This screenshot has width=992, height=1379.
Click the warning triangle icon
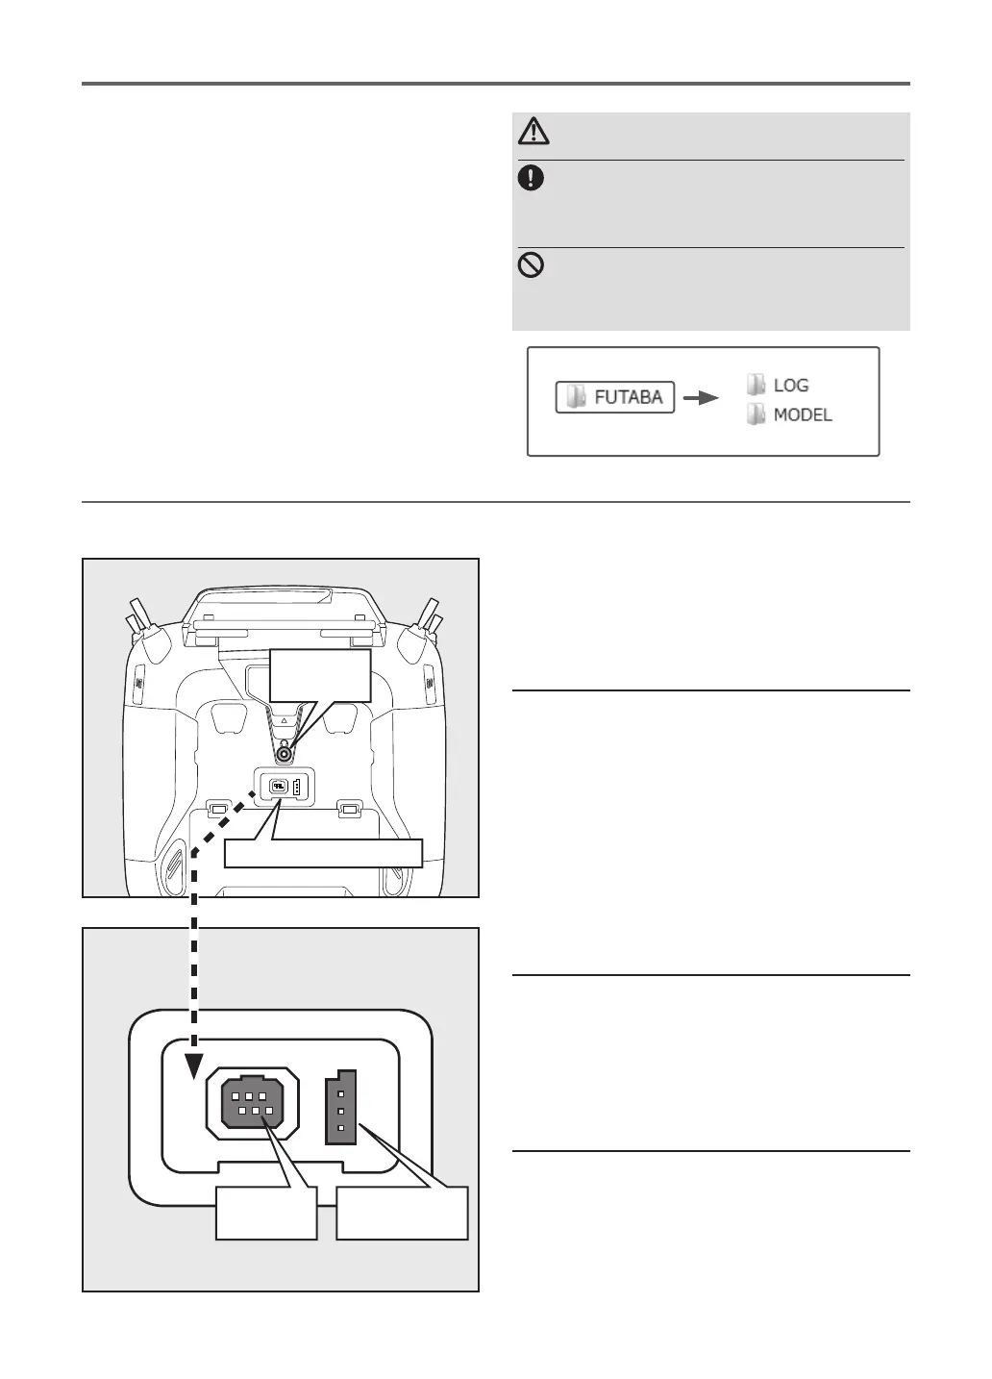pyautogui.click(x=533, y=131)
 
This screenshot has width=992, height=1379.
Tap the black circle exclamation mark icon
pyautogui.click(x=532, y=178)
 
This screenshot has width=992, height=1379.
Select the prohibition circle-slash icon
pyautogui.click(x=532, y=264)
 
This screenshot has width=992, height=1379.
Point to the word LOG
pyautogui.click(x=791, y=386)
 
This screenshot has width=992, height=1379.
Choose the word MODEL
pyautogui.click(x=803, y=415)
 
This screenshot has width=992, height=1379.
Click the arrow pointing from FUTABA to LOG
pyautogui.click(x=701, y=397)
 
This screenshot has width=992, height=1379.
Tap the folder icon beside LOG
pyautogui.click(x=756, y=385)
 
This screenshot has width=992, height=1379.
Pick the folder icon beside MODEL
pyautogui.click(x=756, y=415)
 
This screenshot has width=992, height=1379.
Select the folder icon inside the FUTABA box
pyautogui.click(x=576, y=397)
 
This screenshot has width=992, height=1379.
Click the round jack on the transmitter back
pyautogui.click(x=285, y=756)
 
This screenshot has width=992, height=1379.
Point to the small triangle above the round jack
pyautogui.click(x=285, y=718)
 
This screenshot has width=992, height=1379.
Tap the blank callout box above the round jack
pyautogui.click(x=320, y=674)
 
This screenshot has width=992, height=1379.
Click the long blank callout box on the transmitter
pyautogui.click(x=323, y=853)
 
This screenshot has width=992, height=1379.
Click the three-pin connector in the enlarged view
pyautogui.click(x=341, y=1109)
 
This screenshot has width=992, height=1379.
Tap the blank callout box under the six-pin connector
pyautogui.click(x=266, y=1214)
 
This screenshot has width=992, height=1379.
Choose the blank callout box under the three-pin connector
pyautogui.click(x=402, y=1214)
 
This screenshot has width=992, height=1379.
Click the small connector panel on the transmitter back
pyautogui.click(x=285, y=786)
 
